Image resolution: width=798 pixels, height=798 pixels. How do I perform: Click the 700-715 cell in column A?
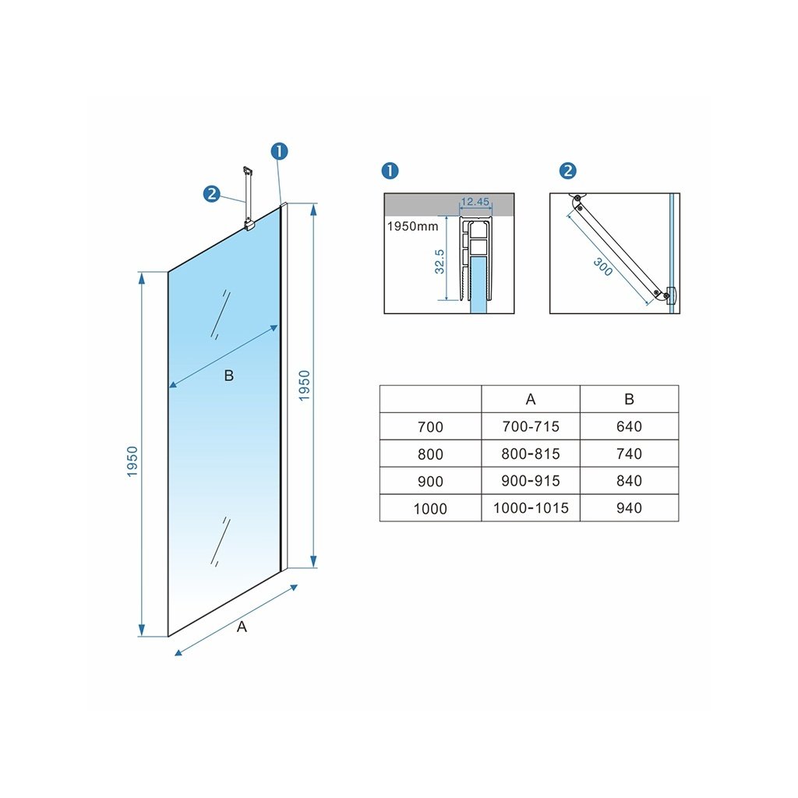click(530, 426)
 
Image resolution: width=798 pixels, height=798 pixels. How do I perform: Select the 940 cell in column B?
click(629, 508)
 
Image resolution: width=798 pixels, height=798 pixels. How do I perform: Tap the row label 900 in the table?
click(430, 481)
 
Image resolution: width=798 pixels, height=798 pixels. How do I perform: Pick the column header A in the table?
click(530, 400)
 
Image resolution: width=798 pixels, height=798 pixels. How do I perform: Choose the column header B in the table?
click(629, 400)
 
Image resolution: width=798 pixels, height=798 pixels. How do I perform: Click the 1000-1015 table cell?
click(530, 508)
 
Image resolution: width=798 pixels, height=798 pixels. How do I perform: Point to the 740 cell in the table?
click(629, 454)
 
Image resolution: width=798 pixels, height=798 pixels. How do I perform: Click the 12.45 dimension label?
click(475, 202)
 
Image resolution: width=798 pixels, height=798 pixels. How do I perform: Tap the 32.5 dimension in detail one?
click(440, 262)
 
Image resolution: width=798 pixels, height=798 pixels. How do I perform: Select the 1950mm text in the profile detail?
click(412, 227)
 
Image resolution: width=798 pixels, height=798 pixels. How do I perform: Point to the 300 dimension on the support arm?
click(602, 267)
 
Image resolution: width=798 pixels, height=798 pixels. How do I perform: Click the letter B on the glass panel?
click(229, 376)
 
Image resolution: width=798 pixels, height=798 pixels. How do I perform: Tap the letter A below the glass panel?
click(242, 627)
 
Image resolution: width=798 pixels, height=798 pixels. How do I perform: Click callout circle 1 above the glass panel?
click(280, 151)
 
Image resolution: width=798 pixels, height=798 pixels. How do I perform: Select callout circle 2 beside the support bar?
click(211, 194)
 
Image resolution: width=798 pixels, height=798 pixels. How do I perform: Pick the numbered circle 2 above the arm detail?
click(567, 171)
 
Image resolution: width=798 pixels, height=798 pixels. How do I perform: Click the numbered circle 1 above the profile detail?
click(390, 171)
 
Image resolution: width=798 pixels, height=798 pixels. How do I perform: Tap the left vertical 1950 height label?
click(132, 461)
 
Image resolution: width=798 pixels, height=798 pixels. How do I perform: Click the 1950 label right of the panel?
click(305, 386)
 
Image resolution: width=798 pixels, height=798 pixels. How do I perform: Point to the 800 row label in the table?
click(430, 454)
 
